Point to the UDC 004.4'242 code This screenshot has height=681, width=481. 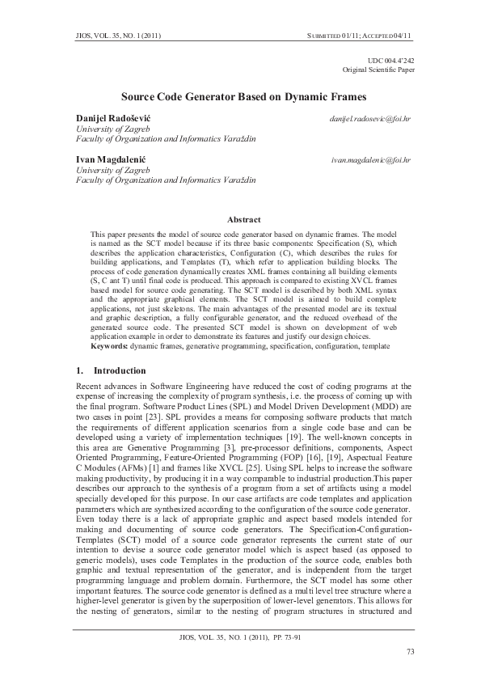tap(391, 61)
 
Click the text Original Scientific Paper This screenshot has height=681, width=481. tap(378, 70)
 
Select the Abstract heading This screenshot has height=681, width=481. tap(243, 219)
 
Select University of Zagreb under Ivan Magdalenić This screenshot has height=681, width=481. tap(101, 171)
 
